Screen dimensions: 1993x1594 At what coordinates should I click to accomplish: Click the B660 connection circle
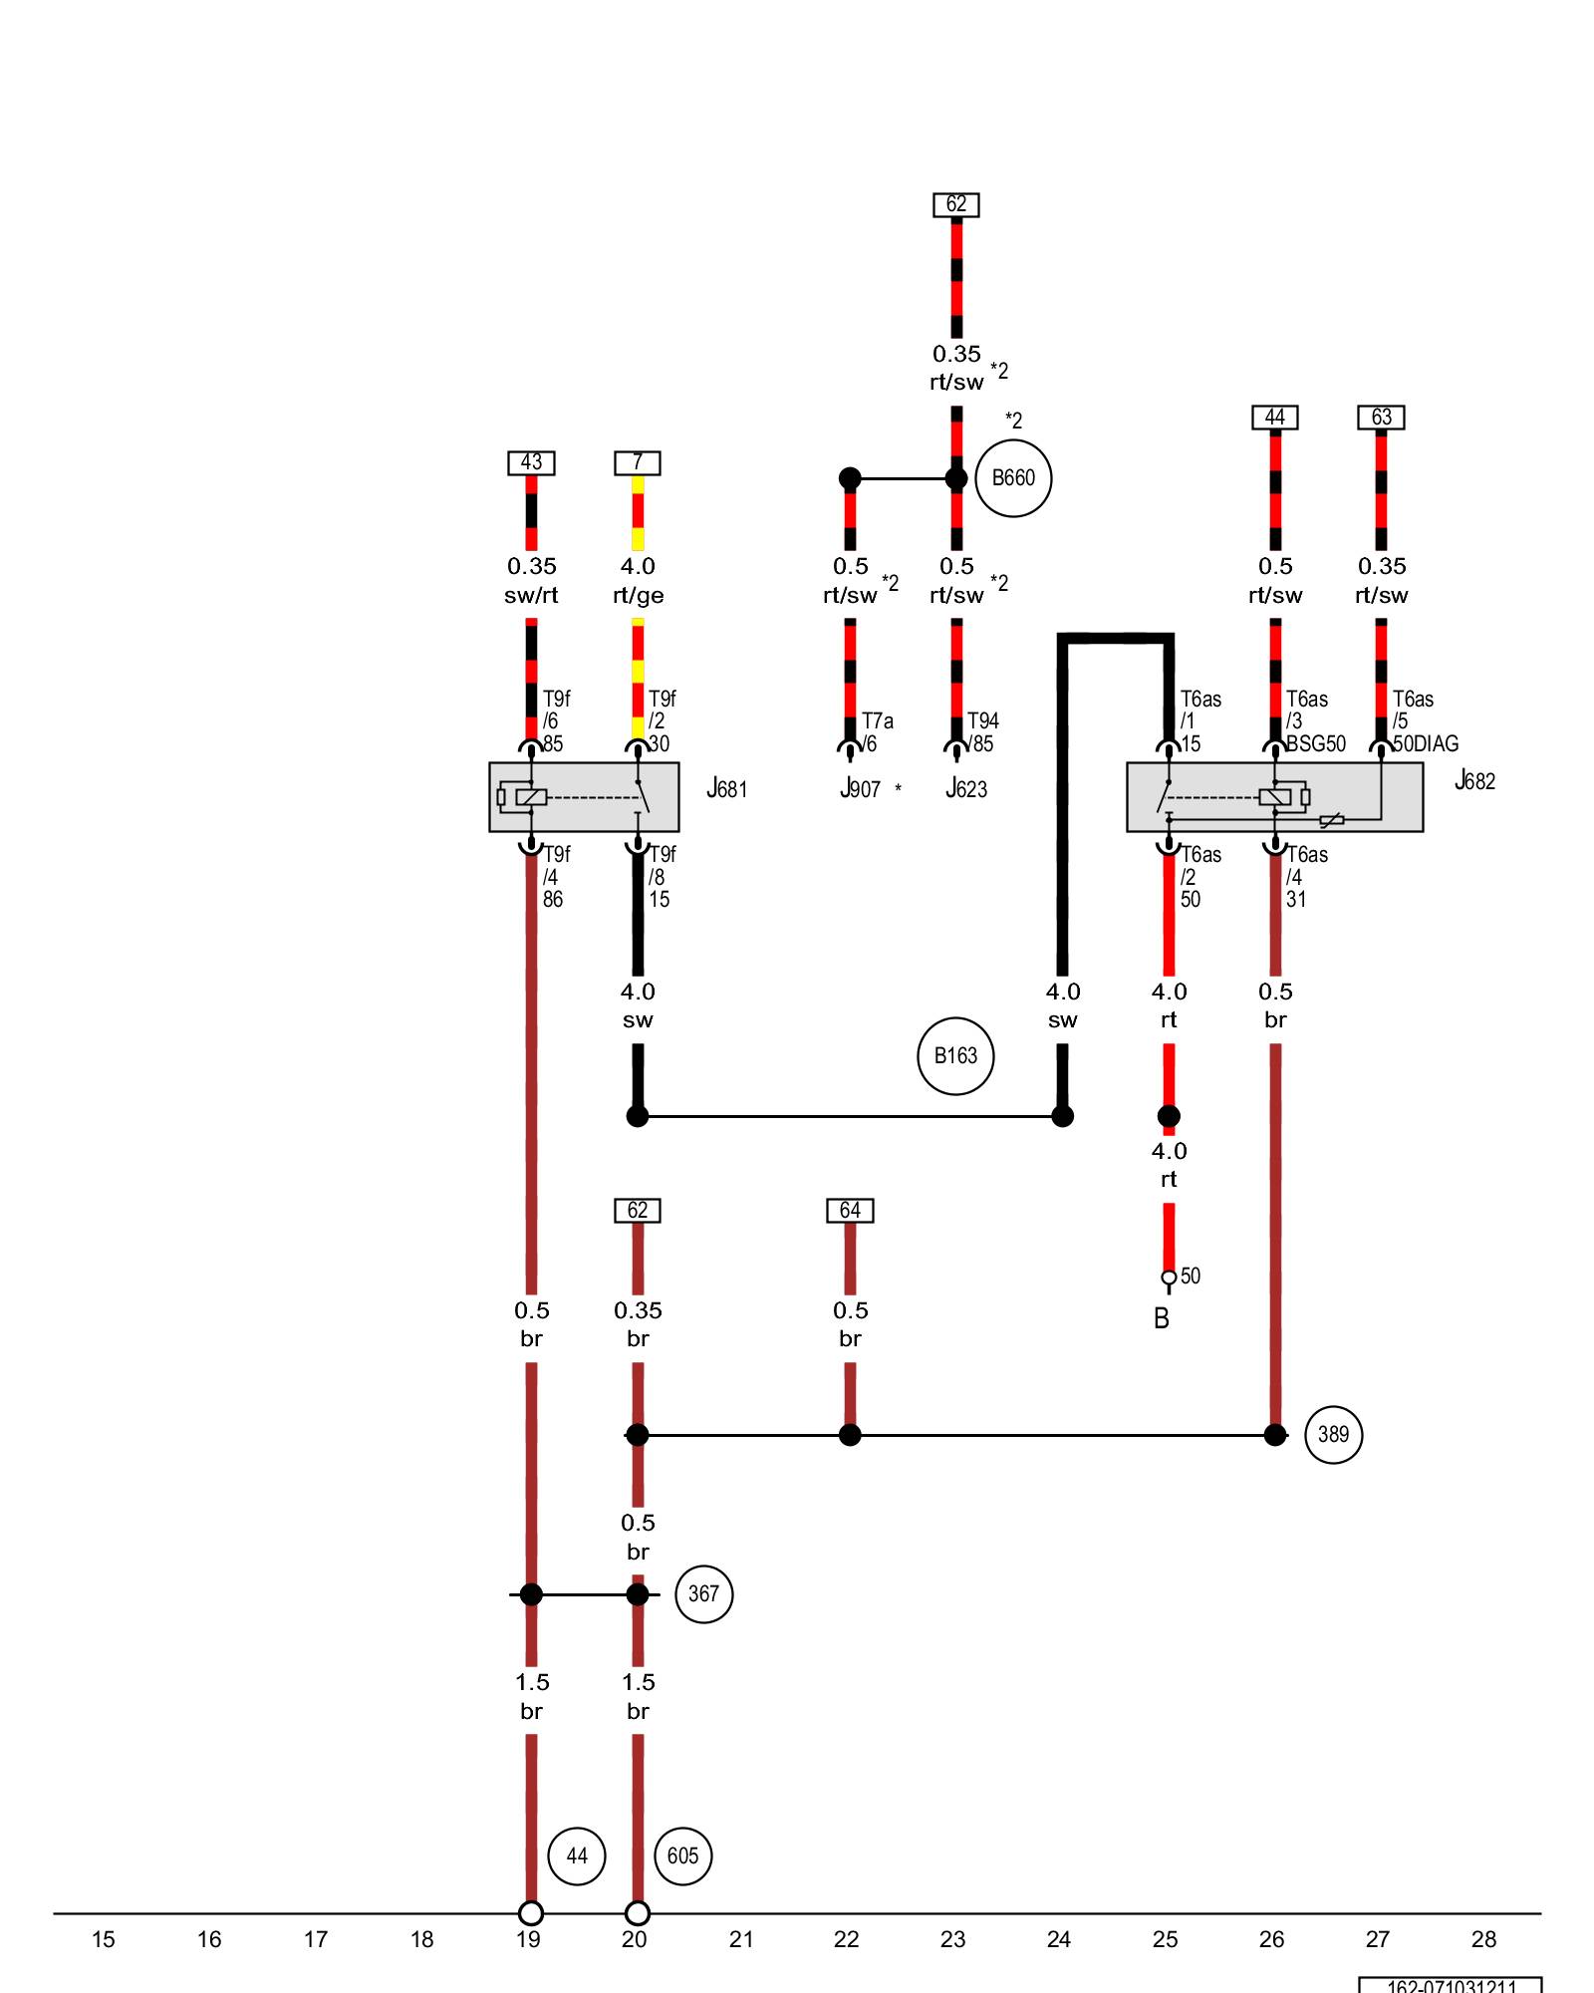(1013, 478)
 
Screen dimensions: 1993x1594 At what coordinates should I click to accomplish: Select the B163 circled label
(955, 1056)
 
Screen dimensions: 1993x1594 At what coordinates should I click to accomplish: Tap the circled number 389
(1333, 1435)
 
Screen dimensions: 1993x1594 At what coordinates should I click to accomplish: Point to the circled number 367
(703, 1594)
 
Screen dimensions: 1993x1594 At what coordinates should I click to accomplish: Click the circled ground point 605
(682, 1856)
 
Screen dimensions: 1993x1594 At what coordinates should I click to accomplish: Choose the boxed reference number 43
(531, 463)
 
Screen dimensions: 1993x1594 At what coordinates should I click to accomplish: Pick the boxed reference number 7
(638, 463)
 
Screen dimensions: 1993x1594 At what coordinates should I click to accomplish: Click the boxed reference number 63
(1381, 418)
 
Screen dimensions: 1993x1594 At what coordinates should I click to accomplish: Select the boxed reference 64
(850, 1211)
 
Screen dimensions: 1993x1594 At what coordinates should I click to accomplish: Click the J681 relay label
(726, 789)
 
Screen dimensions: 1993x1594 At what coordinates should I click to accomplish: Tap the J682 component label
(1474, 781)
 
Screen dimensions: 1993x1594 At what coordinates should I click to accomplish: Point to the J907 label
(861, 789)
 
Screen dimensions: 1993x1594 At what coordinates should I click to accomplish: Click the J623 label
(966, 789)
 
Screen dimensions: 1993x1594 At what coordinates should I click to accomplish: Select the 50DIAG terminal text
(1426, 744)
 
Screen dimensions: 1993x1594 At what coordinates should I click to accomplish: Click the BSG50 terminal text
(1316, 744)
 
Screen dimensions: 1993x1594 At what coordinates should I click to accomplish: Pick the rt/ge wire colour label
(638, 596)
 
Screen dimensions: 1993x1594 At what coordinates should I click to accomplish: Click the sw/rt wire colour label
(531, 596)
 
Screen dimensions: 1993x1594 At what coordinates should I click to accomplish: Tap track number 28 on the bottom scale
(1483, 1939)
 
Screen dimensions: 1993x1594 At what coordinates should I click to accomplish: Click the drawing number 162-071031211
(1451, 1986)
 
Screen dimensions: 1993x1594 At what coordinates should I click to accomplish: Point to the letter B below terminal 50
(1162, 1319)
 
